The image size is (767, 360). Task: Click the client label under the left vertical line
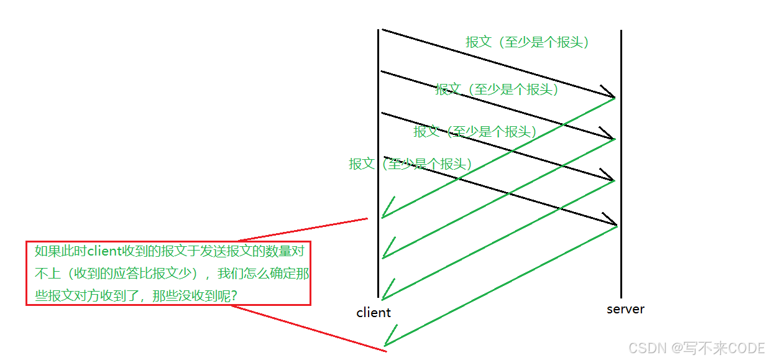(374, 312)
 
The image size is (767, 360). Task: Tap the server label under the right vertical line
(625, 309)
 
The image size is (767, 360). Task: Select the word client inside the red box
(104, 251)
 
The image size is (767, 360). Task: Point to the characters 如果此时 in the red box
(60, 251)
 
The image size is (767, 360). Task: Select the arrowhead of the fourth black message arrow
(611, 221)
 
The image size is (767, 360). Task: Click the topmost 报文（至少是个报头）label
(527, 42)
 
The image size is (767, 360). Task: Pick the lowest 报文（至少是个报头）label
(410, 164)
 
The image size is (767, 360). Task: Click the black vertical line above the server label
(621, 187)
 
